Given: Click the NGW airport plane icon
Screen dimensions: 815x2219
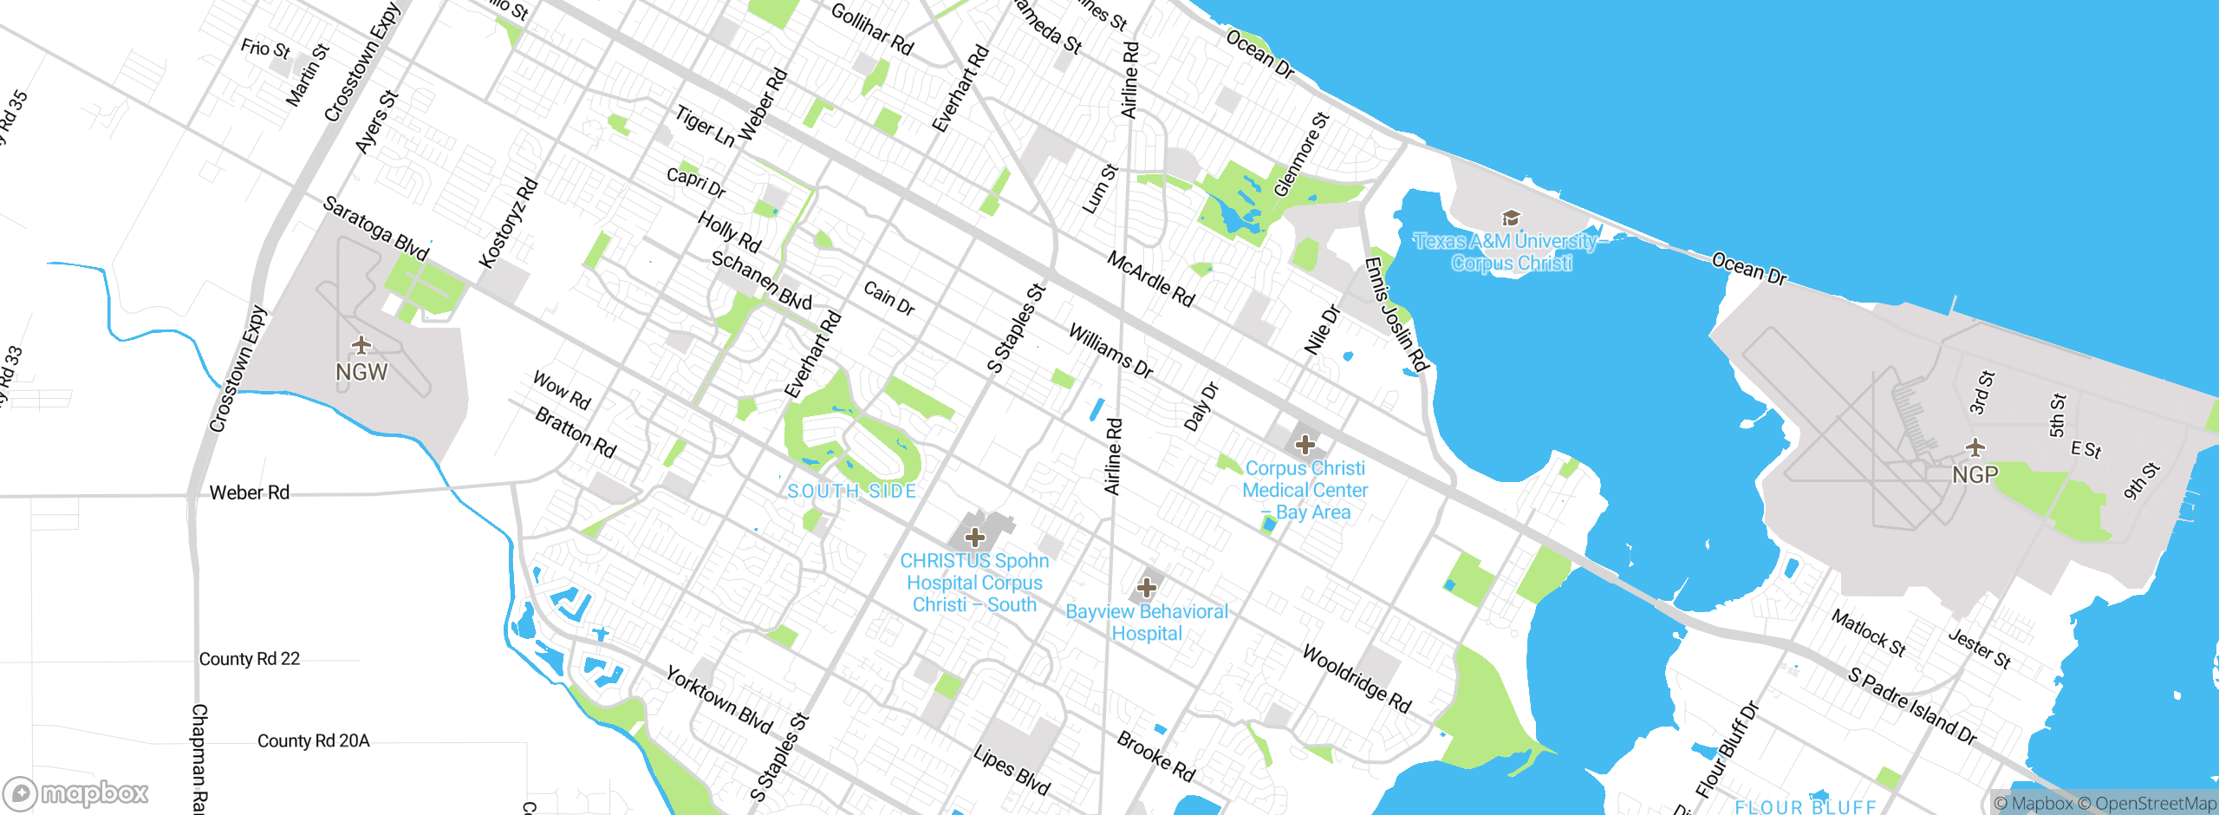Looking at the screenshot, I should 361,346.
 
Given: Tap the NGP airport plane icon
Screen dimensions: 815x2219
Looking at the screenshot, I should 1975,448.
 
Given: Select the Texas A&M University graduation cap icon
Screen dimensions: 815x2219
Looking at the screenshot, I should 1511,218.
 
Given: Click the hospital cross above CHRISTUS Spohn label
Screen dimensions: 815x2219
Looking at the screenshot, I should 975,538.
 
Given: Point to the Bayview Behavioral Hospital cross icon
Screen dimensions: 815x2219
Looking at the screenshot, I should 1146,589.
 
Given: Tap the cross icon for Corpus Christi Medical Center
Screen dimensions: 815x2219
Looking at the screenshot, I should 1305,446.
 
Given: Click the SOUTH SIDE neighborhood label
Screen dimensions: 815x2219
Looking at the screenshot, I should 851,492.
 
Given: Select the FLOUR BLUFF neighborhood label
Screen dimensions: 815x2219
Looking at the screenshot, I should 1805,806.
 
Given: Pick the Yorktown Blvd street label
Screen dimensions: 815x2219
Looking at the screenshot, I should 719,699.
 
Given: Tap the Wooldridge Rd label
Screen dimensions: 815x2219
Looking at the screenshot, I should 1357,679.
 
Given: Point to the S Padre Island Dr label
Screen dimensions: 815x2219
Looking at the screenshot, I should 1911,707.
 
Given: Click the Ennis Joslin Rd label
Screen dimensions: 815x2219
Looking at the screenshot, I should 1396,314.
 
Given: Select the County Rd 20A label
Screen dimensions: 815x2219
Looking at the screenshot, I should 313,741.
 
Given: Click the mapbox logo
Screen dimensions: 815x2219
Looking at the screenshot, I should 76,792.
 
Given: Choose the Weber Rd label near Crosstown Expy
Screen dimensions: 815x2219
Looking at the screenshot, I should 249,493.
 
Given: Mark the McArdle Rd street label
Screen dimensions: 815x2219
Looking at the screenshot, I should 1150,279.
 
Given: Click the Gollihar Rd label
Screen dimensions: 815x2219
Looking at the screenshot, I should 872,29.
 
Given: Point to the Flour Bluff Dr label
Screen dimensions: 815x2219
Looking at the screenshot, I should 1728,749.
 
